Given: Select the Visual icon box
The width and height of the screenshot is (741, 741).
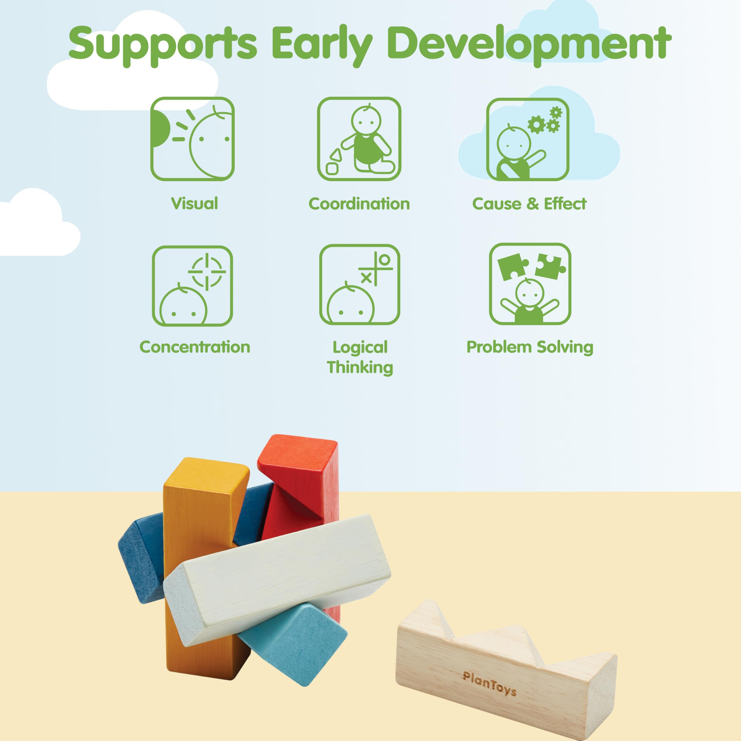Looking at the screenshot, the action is [192, 139].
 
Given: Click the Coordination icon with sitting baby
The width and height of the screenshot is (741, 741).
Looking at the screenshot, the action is [359, 139].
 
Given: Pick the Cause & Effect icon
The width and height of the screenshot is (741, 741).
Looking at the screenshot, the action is [528, 139].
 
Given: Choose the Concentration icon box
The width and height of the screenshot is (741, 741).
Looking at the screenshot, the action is [192, 286].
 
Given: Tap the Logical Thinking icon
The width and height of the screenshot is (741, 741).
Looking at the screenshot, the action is [360, 285].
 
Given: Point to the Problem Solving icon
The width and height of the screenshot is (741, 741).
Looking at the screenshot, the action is [530, 284].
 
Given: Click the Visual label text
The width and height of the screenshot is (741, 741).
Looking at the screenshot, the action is [195, 203].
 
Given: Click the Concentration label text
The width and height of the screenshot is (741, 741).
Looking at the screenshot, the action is [195, 347].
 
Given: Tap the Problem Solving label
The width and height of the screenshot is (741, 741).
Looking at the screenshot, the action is [530, 347].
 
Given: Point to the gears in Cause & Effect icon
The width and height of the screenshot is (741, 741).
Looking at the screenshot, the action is [545, 120].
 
